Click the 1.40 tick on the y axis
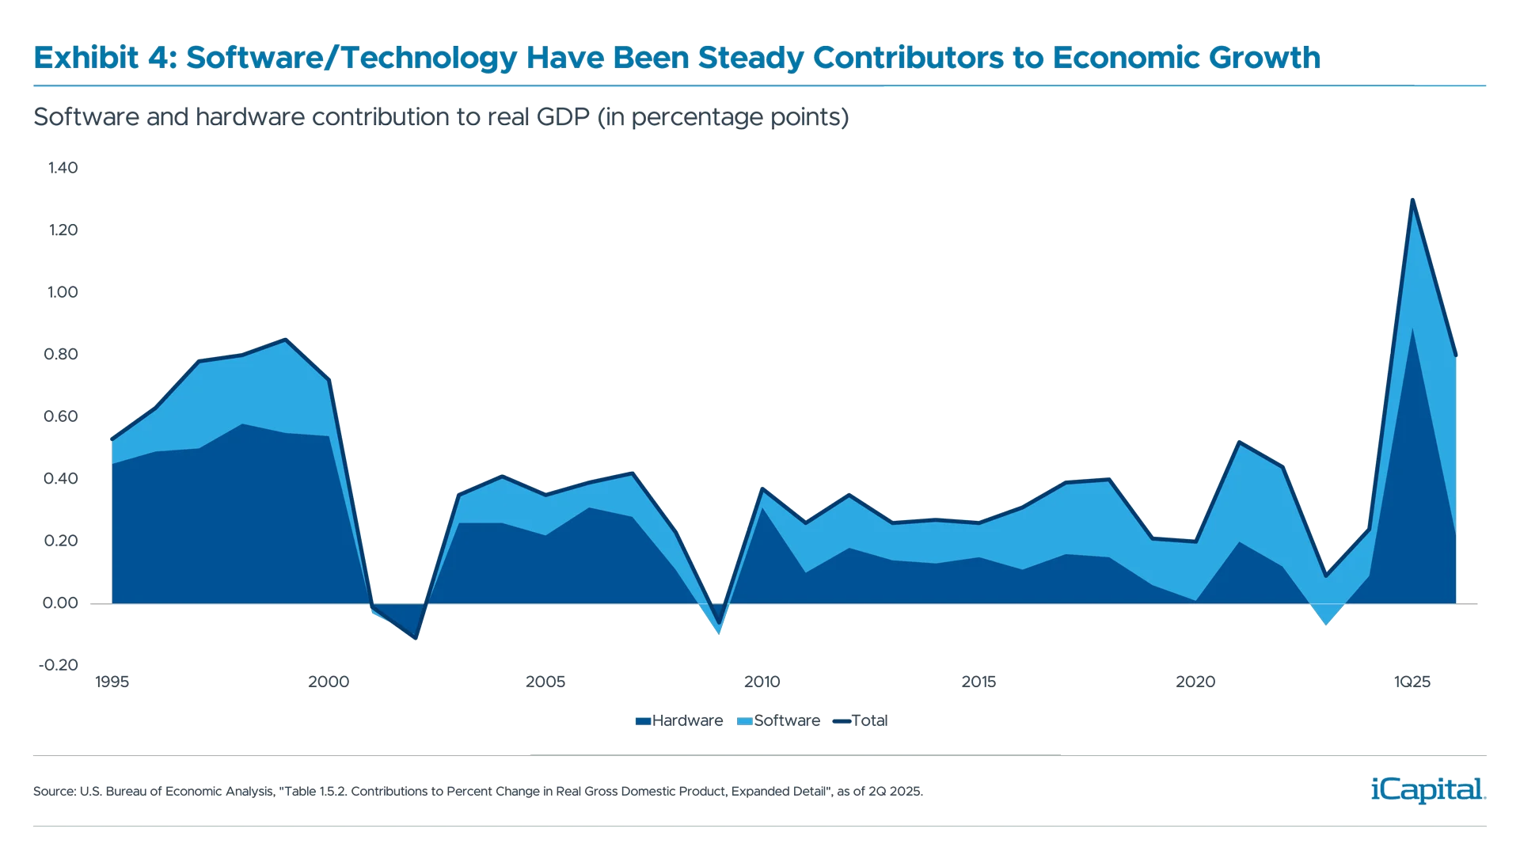coord(63,168)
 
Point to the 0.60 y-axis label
coord(62,416)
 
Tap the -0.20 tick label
coord(59,665)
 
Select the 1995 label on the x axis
coord(112,682)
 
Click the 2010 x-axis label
coord(762,682)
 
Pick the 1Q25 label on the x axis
coord(1412,682)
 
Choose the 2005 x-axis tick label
coord(545,682)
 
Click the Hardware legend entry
coord(679,721)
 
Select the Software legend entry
coord(779,721)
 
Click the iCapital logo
coord(1425,789)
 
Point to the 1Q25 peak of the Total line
coord(1412,199)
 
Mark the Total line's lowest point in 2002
coord(416,638)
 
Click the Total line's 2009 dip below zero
coord(719,626)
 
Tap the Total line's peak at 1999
coord(285,340)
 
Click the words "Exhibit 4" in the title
coord(101,58)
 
